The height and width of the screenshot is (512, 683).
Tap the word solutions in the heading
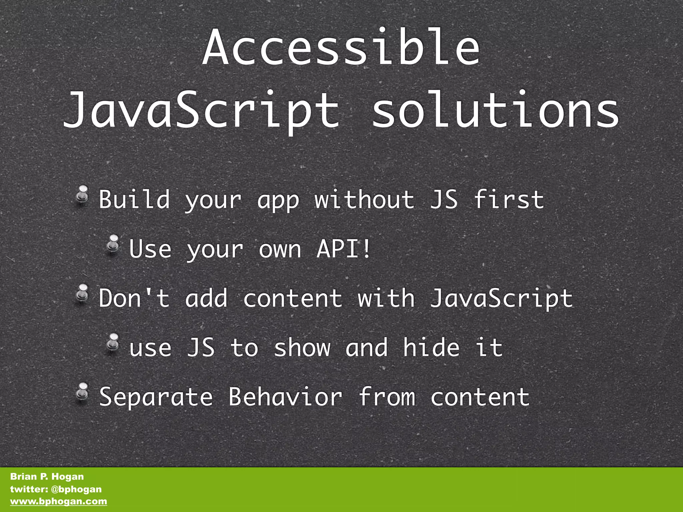click(496, 110)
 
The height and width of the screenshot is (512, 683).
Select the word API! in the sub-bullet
click(344, 249)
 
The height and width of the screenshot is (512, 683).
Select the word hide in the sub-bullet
click(431, 347)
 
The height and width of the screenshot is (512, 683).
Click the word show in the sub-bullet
click(302, 347)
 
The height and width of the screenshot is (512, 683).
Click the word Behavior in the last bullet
click(285, 397)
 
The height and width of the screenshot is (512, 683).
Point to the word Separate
click(156, 397)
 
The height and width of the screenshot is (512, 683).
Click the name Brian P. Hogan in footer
click(47, 476)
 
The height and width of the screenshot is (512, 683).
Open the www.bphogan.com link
click(59, 501)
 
